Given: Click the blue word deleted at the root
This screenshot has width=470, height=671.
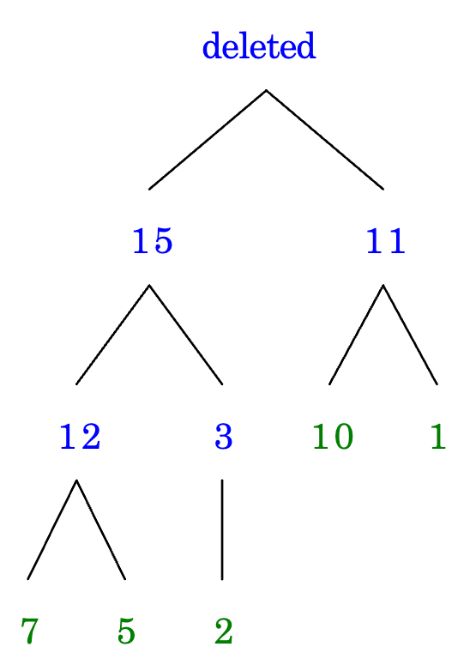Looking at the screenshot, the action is (x=259, y=45).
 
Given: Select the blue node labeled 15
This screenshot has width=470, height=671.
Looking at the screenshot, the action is (x=153, y=241).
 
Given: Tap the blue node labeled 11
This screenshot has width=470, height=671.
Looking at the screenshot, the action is (x=386, y=241).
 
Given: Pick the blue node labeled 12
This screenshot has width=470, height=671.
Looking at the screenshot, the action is (x=80, y=436).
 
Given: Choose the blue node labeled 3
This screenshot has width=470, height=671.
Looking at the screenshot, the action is (x=224, y=437).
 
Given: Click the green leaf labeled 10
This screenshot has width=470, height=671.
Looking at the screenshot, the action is (x=333, y=437).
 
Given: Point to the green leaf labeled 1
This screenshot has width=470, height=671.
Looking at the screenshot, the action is (x=438, y=436).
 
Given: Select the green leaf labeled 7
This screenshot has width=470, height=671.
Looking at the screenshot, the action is (x=29, y=631).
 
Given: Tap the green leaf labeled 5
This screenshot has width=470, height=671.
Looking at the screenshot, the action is (x=126, y=631).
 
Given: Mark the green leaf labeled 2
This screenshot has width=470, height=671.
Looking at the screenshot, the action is (x=224, y=631).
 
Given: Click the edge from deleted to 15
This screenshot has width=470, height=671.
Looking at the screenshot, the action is (x=208, y=140).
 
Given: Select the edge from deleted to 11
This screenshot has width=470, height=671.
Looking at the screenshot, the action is (x=324, y=140).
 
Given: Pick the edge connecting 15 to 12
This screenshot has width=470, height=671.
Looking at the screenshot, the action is (x=113, y=335).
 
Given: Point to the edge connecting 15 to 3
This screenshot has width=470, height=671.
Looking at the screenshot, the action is (x=185, y=335).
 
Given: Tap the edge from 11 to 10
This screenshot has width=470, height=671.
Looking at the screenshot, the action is (x=356, y=335).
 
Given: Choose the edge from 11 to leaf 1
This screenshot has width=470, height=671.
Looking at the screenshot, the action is (x=410, y=335).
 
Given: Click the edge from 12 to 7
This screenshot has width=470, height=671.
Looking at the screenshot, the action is (x=52, y=529).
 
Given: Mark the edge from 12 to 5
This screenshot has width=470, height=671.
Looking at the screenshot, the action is (x=101, y=529).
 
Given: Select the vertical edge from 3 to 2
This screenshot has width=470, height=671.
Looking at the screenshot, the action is (x=222, y=529).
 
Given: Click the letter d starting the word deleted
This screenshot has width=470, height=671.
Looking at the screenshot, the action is (x=211, y=45).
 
